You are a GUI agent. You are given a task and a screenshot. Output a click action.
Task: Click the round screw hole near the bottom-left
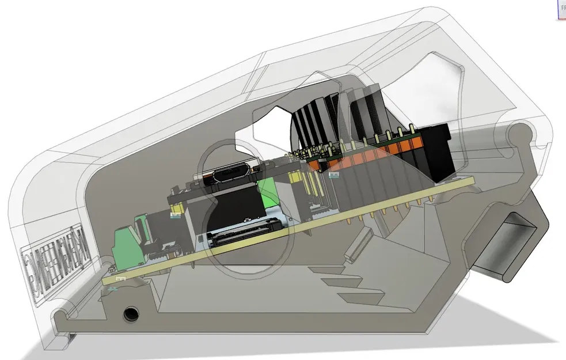point(131,313)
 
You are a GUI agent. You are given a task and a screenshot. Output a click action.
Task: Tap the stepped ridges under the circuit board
point(345,285)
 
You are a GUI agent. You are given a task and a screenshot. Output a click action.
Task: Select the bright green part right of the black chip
point(268,193)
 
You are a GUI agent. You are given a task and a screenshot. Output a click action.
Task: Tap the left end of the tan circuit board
point(107,279)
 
